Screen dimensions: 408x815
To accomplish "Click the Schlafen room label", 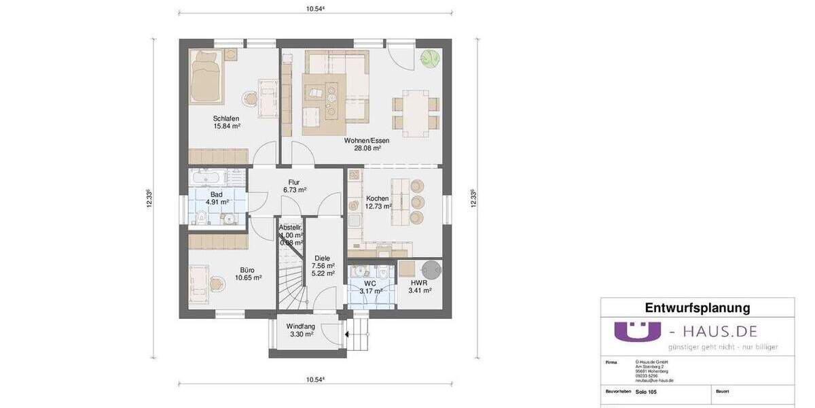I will point(226,118).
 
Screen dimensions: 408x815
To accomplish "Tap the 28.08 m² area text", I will point(367,148).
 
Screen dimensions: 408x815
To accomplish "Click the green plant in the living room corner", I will point(429,58).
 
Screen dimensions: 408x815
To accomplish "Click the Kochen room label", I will point(377,199).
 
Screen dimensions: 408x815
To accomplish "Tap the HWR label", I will point(418,282).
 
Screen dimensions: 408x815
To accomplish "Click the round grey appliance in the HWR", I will point(432,269).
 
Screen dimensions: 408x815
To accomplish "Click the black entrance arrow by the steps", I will point(346,334).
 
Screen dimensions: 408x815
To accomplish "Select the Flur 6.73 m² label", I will point(293,186).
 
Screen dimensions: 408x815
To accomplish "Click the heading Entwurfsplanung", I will point(697,308).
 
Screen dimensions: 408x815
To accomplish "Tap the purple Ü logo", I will point(637,331).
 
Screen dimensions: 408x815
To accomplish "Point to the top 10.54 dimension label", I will point(315,9).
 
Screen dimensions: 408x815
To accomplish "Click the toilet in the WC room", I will point(385,273).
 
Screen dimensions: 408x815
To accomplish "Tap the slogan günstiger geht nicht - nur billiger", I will point(723,347).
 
